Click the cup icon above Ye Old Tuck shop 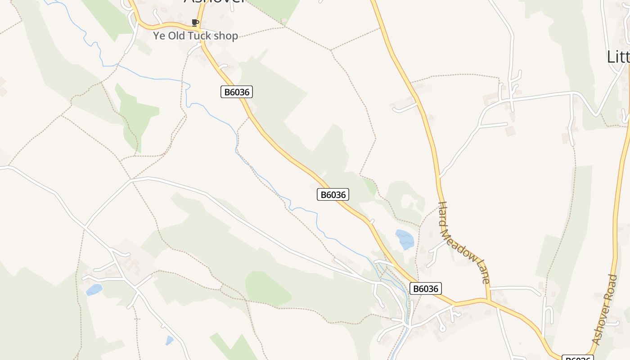pyautogui.click(x=195, y=22)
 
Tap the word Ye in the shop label pyautogui.click(x=159, y=36)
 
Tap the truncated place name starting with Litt pyautogui.click(x=618, y=57)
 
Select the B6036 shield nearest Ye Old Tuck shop pyautogui.click(x=237, y=92)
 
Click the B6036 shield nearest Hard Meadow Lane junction pyautogui.click(x=425, y=288)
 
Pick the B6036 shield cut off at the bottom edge pyautogui.click(x=578, y=358)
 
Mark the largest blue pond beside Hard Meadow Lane pyautogui.click(x=405, y=239)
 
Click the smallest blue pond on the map pyautogui.click(x=169, y=341)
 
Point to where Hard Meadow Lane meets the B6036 pyautogui.click(x=488, y=300)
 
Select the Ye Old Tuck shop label pyautogui.click(x=195, y=36)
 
